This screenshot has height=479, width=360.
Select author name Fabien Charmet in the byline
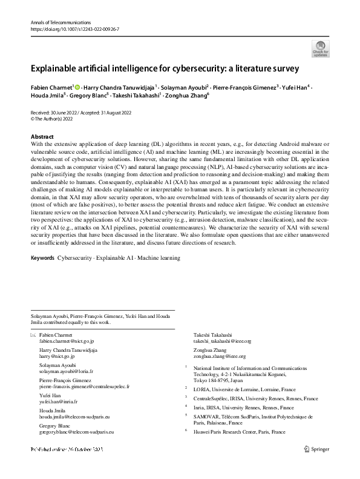tap(51, 88)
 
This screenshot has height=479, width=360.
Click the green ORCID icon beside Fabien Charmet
tap(77, 88)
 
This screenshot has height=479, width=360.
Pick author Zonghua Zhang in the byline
tap(188, 95)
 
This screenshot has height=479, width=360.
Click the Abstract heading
tap(42, 137)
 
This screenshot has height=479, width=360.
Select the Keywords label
tap(42, 258)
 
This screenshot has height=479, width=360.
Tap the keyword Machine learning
tap(159, 258)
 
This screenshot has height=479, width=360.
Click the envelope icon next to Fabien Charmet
tap(33, 335)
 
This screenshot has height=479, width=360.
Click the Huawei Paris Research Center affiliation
tap(239, 432)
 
